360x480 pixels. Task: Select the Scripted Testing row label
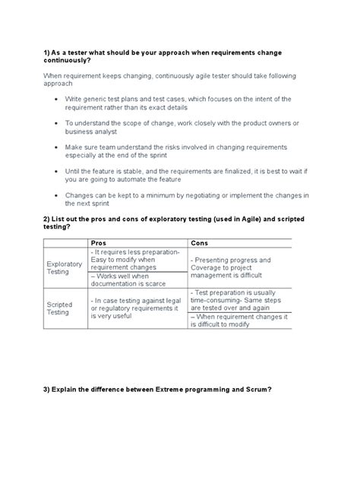point(60,308)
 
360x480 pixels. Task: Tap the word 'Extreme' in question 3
point(163,390)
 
